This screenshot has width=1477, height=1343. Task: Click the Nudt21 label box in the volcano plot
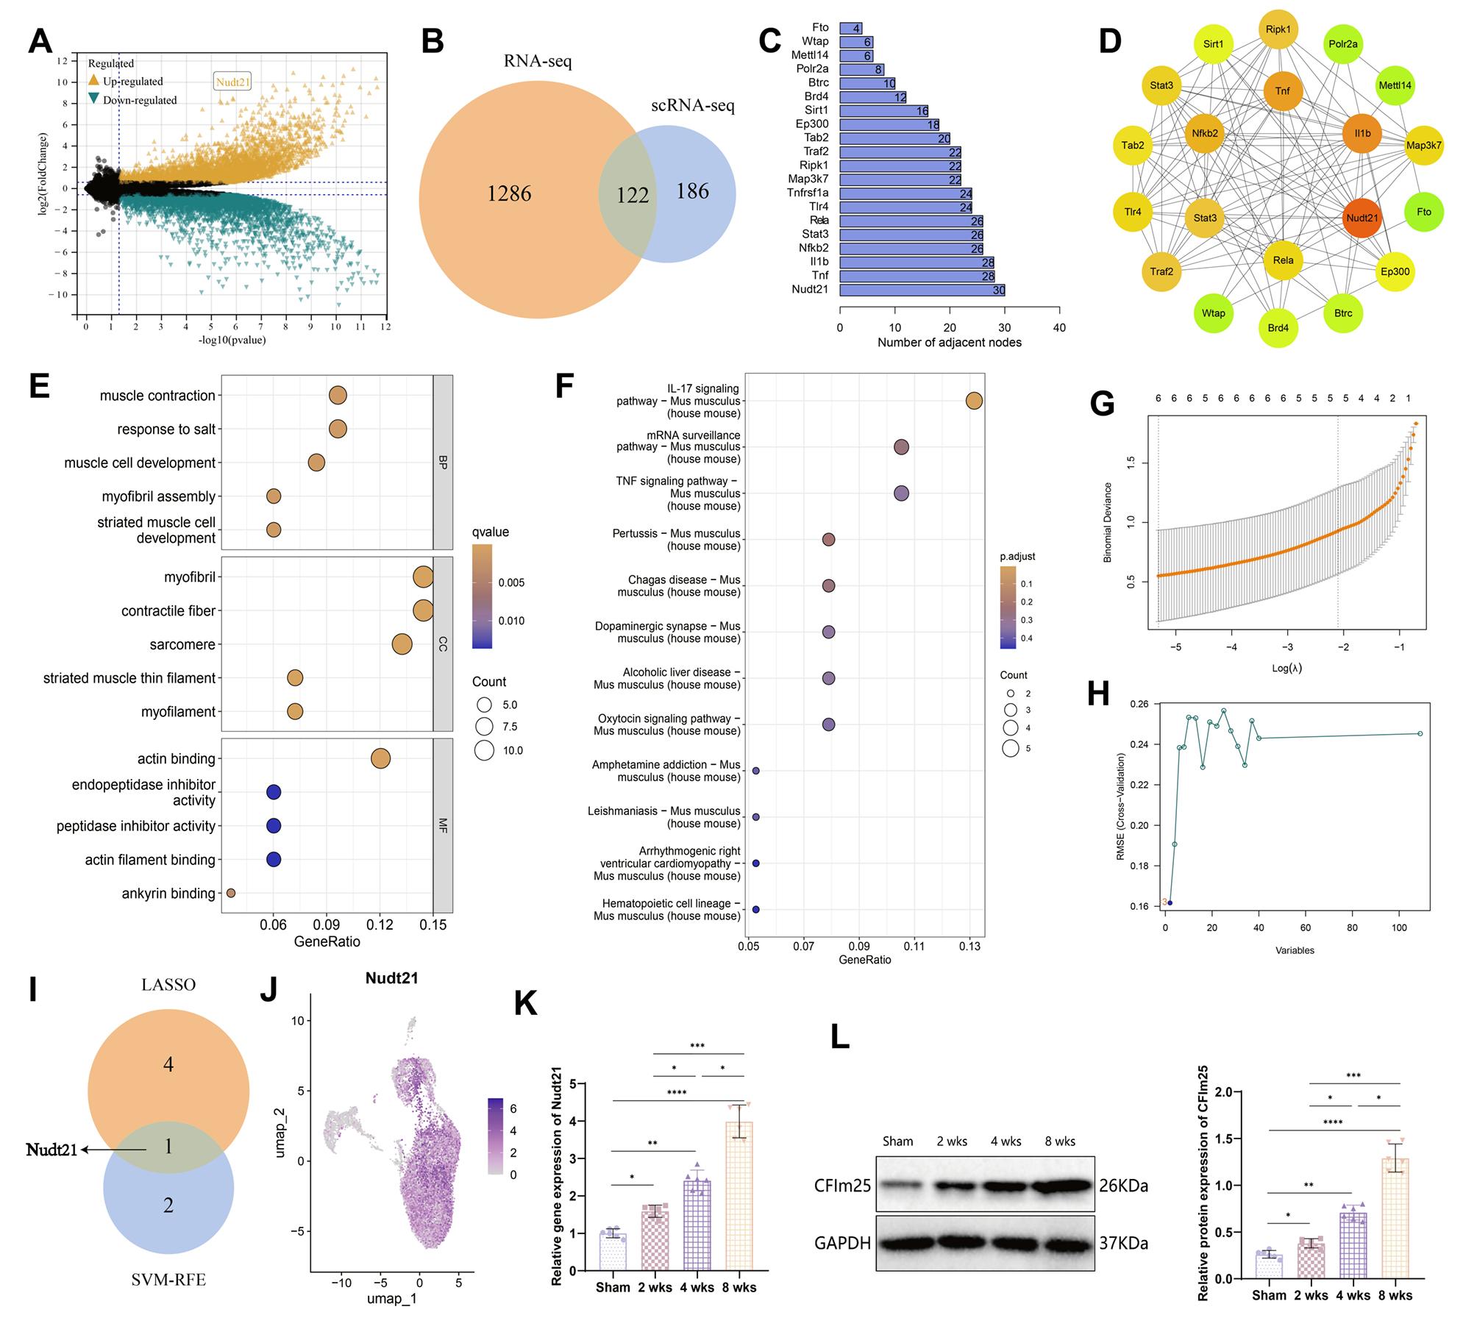(x=232, y=82)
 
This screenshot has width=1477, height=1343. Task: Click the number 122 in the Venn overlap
(x=633, y=195)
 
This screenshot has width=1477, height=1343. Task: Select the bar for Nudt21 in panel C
(x=922, y=290)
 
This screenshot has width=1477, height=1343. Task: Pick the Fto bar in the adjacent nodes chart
(x=850, y=28)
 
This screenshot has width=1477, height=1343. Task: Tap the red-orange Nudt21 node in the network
(x=1362, y=218)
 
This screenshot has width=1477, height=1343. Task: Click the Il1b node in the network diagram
(x=1362, y=133)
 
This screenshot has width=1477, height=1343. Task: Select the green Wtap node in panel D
(x=1213, y=313)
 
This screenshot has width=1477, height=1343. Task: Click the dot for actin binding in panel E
(x=380, y=758)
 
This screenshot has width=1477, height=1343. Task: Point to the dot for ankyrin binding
(x=231, y=893)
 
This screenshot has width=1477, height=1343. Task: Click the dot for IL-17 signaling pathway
(x=974, y=401)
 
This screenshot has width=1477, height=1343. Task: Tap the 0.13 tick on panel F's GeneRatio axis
(x=969, y=946)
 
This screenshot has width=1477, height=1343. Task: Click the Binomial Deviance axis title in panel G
(x=1107, y=522)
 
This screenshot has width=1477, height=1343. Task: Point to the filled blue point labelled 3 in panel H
(x=1170, y=902)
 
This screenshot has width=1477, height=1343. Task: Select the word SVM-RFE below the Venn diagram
(x=168, y=1280)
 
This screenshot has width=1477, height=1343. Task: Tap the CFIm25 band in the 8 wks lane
(x=1059, y=1186)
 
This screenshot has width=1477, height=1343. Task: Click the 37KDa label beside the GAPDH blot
(x=1123, y=1242)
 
